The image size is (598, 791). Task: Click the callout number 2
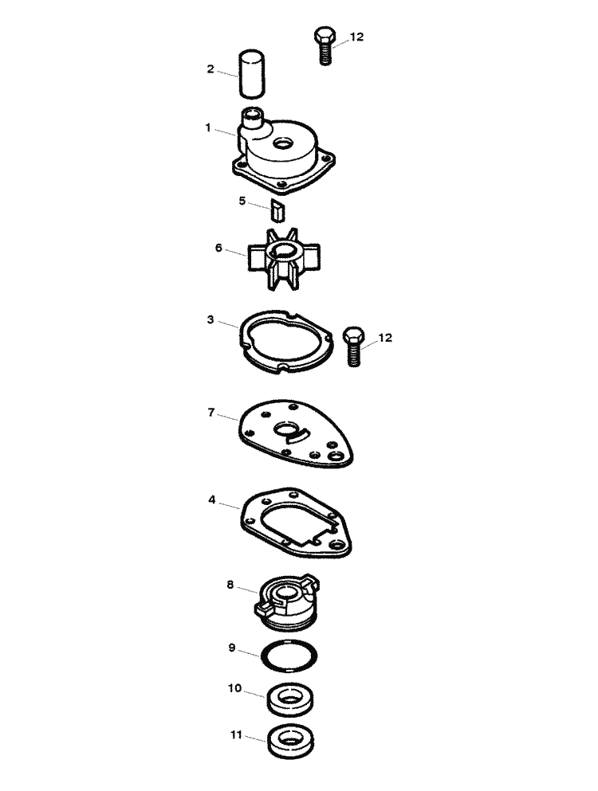coord(210,69)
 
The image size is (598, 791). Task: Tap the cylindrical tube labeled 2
coord(251,73)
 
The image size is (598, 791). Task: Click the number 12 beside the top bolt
coord(356,37)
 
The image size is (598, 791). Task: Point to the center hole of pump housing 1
coord(282,143)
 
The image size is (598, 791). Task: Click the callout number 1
coord(208,127)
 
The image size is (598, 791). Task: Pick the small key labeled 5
coord(277,210)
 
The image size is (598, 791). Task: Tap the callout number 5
coord(242,202)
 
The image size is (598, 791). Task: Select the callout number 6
coord(218,248)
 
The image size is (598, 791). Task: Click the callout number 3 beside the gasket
coord(210,320)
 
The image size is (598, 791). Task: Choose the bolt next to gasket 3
coord(353,346)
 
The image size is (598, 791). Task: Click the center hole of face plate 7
coord(285,430)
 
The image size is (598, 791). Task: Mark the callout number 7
coord(211,413)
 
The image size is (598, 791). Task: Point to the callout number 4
coord(211,500)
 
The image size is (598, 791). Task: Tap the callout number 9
coord(232,648)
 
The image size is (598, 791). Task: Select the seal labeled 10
coord(290,699)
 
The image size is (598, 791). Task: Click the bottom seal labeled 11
coord(290,742)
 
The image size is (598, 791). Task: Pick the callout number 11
coord(236,735)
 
